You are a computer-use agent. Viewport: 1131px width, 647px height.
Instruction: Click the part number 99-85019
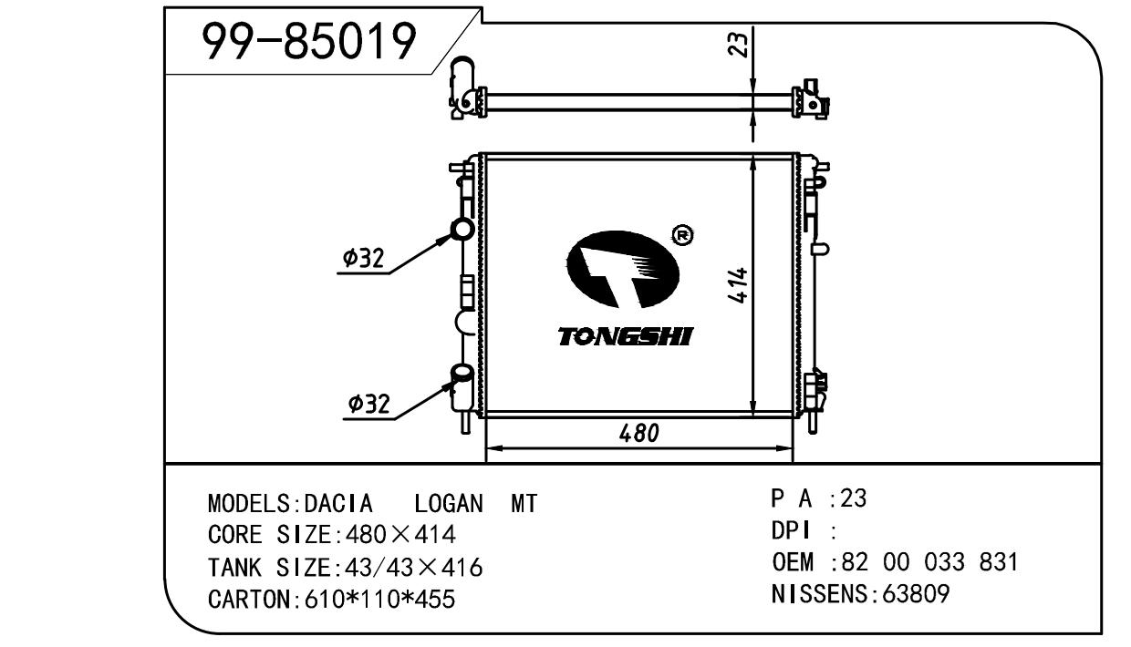(x=309, y=41)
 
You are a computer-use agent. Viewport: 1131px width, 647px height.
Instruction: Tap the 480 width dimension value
(x=638, y=433)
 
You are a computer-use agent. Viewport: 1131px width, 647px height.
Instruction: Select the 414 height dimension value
(x=738, y=284)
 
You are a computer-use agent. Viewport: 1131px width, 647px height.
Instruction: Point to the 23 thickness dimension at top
(x=737, y=45)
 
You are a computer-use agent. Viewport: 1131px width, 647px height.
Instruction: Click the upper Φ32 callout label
(x=363, y=258)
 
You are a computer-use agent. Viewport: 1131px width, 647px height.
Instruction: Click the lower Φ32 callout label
(x=369, y=404)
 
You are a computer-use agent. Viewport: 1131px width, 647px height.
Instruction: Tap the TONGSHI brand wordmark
(x=626, y=336)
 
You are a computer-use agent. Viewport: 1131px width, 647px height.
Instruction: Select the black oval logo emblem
(x=623, y=270)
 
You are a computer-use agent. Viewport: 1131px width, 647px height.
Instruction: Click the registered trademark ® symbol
(x=683, y=235)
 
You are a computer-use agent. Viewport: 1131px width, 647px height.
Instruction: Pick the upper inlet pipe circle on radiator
(x=462, y=230)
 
